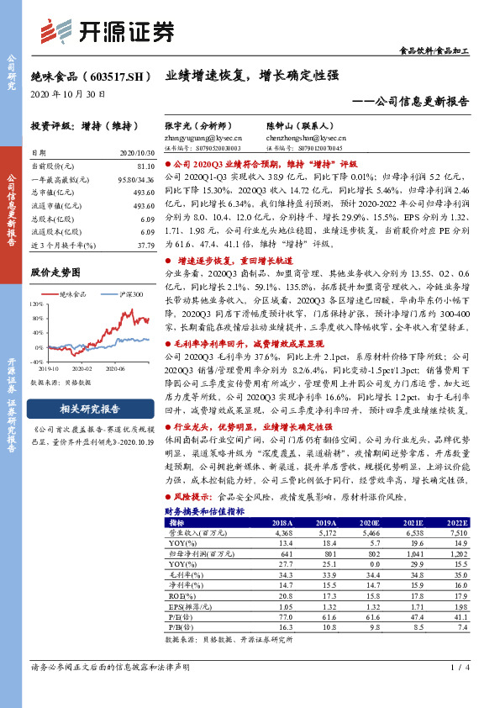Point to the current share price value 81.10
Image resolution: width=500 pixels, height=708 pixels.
pyautogui.click(x=145, y=166)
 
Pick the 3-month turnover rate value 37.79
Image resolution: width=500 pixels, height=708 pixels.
pyautogui.click(x=146, y=246)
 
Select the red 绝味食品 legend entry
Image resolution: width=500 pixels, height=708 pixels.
pyautogui.click(x=71, y=294)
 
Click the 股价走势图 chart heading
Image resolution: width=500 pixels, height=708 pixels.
pyautogui.click(x=55, y=272)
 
